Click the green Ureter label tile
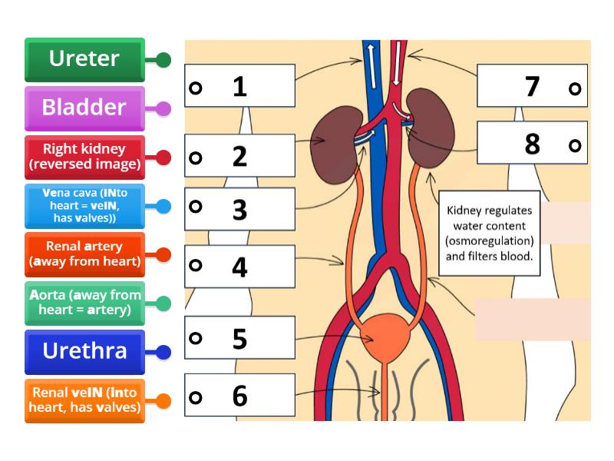(84, 59)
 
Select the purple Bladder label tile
(84, 108)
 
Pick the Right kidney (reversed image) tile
(84, 156)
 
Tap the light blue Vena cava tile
(84, 205)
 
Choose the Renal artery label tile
(84, 254)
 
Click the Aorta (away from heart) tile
(84, 303)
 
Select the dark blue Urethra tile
(84, 351)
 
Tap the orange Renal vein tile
(84, 400)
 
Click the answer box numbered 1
(239, 86)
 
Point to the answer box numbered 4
(239, 266)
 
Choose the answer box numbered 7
(532, 86)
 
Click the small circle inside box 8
(574, 144)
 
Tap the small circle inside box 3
(196, 207)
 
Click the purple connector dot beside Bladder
(163, 108)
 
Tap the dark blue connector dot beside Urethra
(163, 352)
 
